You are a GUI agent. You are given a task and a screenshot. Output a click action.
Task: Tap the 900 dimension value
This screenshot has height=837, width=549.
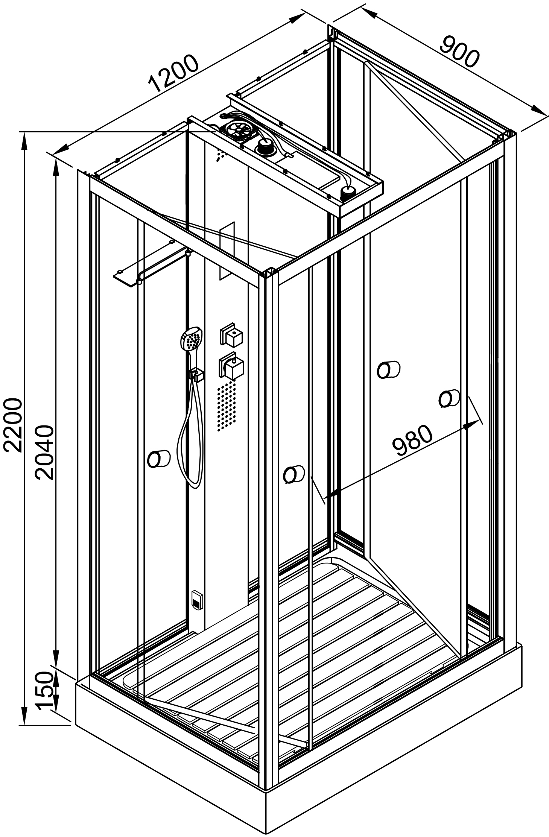point(460,52)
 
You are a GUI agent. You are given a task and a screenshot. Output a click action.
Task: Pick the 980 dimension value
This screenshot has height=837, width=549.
point(412,440)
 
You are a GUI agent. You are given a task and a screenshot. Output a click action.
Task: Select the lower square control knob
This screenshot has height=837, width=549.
point(232,366)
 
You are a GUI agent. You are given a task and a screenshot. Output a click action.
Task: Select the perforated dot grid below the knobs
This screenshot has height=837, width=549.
point(227,406)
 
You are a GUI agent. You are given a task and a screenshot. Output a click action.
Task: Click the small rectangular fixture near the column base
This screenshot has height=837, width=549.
point(196,598)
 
